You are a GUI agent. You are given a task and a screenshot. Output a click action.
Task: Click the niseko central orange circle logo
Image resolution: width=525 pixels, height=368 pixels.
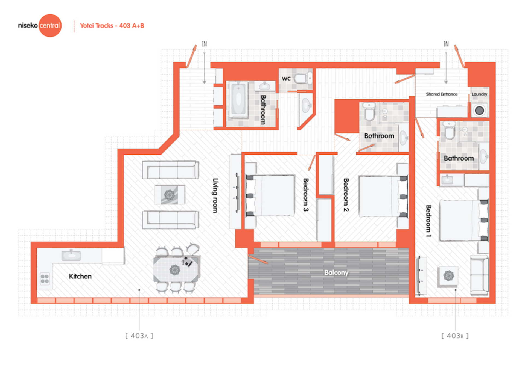(x=50, y=26)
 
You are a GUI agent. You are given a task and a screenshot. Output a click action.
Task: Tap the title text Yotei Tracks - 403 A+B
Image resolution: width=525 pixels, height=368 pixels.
(x=112, y=26)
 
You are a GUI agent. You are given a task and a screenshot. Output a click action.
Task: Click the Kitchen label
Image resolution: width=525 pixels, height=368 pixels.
(x=80, y=276)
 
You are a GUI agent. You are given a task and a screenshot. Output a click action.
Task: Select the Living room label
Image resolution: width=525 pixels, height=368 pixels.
(x=215, y=195)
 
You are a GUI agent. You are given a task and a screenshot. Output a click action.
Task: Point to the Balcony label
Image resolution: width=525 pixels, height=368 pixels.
(x=336, y=272)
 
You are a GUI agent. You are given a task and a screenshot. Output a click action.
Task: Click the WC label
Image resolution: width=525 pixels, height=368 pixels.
(x=286, y=79)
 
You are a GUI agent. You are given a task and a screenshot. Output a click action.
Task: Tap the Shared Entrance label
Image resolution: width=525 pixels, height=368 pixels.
(x=442, y=94)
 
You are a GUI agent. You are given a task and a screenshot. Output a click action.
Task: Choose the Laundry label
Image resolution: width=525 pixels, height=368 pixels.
(x=479, y=94)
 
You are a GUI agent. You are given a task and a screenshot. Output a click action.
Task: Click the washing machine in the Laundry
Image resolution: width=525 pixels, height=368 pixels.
(x=479, y=110)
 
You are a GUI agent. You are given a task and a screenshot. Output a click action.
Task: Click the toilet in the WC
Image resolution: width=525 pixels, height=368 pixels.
(x=303, y=78)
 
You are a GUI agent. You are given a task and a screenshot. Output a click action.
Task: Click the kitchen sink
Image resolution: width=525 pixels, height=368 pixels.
(x=71, y=256)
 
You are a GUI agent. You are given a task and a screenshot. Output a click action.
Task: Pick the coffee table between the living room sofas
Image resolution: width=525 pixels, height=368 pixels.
(x=170, y=195)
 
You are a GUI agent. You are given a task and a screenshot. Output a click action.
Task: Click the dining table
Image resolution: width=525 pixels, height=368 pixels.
(x=176, y=269)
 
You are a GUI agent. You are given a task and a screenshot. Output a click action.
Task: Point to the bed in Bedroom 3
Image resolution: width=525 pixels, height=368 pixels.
(x=270, y=196)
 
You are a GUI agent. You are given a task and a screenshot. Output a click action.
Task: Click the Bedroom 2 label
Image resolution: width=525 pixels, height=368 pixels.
(x=346, y=195)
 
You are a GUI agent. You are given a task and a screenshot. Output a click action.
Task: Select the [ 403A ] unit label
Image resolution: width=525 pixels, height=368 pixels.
(x=139, y=336)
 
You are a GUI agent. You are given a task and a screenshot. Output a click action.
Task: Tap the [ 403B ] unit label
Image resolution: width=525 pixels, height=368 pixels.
(x=455, y=336)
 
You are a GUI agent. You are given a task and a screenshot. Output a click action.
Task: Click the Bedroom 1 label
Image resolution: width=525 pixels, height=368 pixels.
(x=428, y=221)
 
